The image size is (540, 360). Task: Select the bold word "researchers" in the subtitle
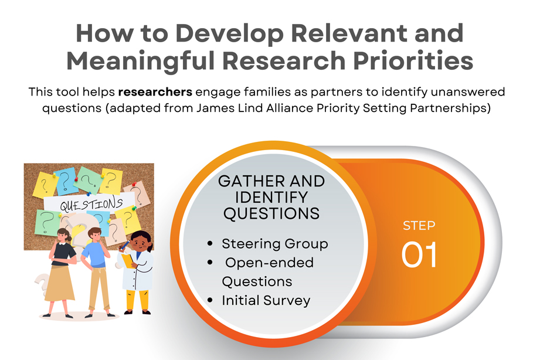(154, 93)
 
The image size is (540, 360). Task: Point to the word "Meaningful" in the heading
(140, 61)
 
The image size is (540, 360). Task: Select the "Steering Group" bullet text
(274, 243)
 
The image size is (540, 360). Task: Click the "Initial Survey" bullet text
(266, 300)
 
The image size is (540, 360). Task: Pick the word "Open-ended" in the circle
(270, 263)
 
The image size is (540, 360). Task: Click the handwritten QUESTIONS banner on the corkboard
(91, 205)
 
